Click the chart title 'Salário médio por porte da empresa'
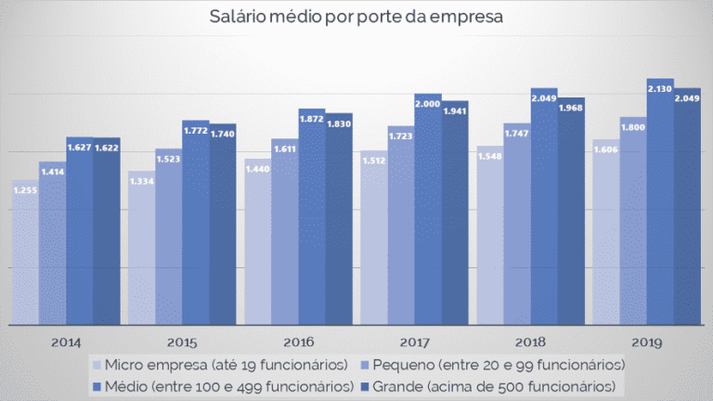pos(356,17)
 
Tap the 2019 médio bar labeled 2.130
pos(660,204)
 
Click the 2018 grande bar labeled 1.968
pos(571,213)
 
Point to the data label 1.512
pos(373,159)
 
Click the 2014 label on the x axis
pos(66,342)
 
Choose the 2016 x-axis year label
pos(298,342)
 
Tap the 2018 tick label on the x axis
pos(531,342)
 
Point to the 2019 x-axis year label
pos(647,342)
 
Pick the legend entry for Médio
pos(224,383)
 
